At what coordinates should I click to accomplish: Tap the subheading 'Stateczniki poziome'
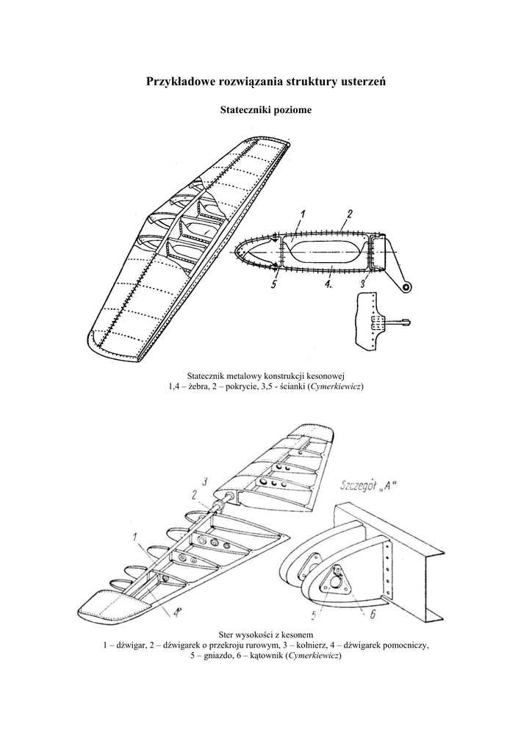pyautogui.click(x=265, y=110)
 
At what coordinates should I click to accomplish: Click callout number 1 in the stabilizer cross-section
pyautogui.click(x=303, y=214)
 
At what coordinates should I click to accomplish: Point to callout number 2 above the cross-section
pyautogui.click(x=349, y=214)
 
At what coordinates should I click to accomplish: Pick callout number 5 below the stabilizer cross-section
pyautogui.click(x=273, y=286)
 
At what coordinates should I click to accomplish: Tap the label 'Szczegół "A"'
pyautogui.click(x=371, y=485)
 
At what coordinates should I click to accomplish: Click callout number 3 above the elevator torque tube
pyautogui.click(x=206, y=481)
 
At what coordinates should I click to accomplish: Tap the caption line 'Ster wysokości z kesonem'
pyautogui.click(x=265, y=634)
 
